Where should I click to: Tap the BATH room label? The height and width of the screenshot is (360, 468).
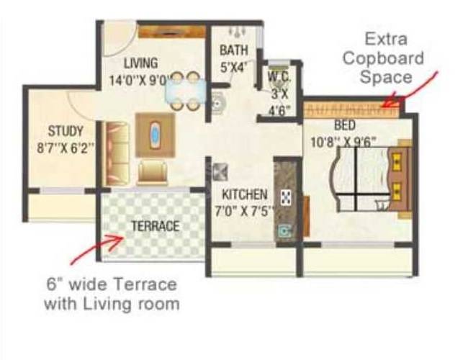point(234,50)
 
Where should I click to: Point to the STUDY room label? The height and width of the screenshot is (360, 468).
point(66,131)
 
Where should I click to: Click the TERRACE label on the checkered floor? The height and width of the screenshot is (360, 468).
point(155,226)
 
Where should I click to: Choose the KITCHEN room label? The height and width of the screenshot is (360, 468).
point(245,194)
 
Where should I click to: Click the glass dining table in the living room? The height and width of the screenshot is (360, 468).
point(183,91)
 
